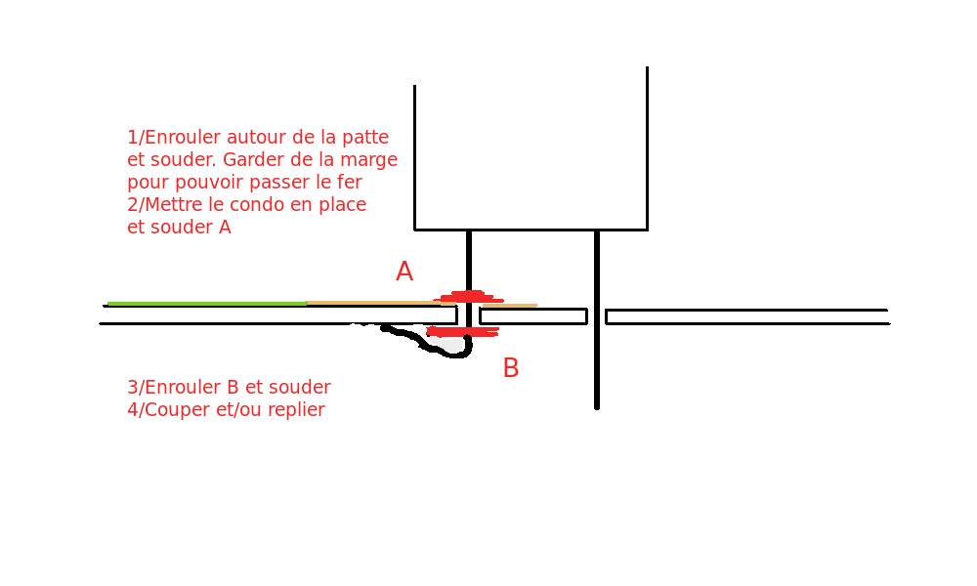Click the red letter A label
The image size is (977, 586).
coord(404,272)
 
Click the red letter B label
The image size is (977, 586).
coord(510,368)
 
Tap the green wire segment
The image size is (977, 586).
coord(206,304)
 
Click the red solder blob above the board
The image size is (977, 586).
coord(468,297)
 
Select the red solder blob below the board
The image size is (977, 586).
coord(463,332)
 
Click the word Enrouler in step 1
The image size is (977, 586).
coord(182,138)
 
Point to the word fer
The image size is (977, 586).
coord(350,183)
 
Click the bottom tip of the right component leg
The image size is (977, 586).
coord(597,405)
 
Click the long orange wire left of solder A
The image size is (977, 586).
coord(371,303)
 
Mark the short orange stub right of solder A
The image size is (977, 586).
coord(510,306)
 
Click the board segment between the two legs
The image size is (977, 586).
coord(533,315)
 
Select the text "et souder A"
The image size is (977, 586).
coord(179,228)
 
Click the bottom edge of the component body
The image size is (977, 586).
coord(531,230)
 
